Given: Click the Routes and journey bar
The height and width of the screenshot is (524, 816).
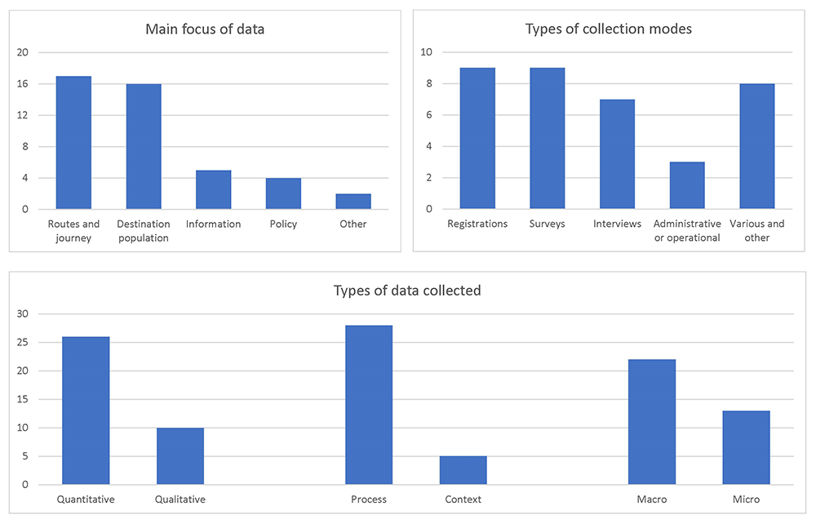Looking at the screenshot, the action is (73, 143).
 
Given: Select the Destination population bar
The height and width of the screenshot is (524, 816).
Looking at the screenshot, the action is (144, 147).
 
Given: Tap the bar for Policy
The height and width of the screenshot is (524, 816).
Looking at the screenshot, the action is (283, 193).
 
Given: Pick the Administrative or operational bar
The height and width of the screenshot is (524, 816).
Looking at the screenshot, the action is (687, 185).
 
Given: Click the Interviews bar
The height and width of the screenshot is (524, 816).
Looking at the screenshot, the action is (617, 154).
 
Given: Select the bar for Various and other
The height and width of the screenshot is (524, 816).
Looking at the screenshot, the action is (756, 146).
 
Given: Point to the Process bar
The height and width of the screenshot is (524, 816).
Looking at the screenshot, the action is (369, 405).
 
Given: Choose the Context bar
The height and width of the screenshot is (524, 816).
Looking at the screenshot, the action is (463, 470).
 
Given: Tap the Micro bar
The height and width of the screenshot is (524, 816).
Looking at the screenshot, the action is (746, 447).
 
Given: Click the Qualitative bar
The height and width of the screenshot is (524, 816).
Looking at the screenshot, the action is (180, 455).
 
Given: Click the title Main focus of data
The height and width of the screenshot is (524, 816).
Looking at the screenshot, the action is (205, 29).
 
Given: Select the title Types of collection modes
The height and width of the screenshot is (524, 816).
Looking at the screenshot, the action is (609, 29).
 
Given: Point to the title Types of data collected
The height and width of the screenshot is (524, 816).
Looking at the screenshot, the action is (407, 291).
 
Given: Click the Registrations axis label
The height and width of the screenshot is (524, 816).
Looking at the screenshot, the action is (477, 224).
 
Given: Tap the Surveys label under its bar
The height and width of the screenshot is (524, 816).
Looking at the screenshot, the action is (547, 224).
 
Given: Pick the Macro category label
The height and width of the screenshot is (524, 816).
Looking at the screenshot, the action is (651, 500).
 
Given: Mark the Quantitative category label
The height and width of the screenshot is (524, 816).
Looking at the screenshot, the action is (86, 500).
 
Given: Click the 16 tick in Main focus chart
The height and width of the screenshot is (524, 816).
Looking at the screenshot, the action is (22, 84).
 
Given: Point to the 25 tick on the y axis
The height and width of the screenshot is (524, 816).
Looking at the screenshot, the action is (22, 342).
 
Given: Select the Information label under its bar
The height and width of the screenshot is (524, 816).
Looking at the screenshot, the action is (213, 224).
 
